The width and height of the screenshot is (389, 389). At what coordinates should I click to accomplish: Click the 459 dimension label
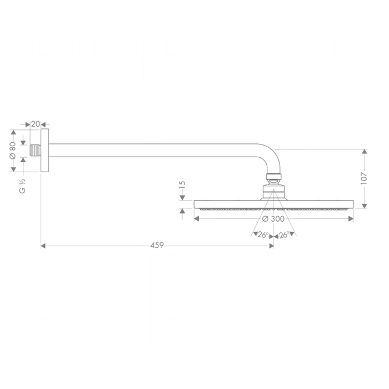pyautogui.click(x=157, y=246)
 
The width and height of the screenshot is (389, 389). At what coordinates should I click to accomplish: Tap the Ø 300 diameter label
pyautogui.click(x=273, y=219)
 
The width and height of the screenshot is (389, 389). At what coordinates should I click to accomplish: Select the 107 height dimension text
pyautogui.click(x=364, y=178)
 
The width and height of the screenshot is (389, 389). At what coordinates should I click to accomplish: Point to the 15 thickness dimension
pyautogui.click(x=182, y=185)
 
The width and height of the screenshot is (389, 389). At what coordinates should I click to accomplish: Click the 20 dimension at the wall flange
pyautogui.click(x=36, y=124)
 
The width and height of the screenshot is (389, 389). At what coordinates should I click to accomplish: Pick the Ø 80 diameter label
pyautogui.click(x=13, y=151)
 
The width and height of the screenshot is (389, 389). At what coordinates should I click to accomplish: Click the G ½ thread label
pyautogui.click(x=22, y=186)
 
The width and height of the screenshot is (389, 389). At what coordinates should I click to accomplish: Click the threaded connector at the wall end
pyautogui.click(x=35, y=151)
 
